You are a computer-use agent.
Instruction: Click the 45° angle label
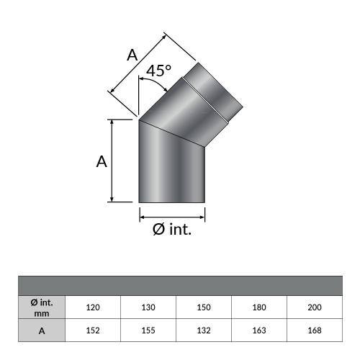click(x=158, y=71)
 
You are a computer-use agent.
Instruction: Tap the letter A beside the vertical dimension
click(x=102, y=162)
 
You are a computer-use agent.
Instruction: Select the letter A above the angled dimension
click(x=132, y=53)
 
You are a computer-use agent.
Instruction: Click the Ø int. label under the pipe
click(x=172, y=230)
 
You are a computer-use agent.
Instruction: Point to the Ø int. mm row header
click(x=40, y=307)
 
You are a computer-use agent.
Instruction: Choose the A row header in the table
click(x=40, y=330)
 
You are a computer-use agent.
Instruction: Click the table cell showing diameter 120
click(x=92, y=307)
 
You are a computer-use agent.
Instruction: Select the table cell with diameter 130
click(x=148, y=307)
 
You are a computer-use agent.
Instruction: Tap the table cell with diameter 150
click(x=204, y=307)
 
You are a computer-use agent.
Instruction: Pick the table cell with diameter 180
click(x=259, y=307)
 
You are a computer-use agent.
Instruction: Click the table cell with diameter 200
click(x=315, y=307)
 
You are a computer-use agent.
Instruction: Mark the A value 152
click(x=92, y=330)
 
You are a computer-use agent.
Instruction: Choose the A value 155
click(x=148, y=330)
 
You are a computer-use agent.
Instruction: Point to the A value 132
click(x=204, y=330)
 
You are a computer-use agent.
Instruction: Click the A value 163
click(x=259, y=330)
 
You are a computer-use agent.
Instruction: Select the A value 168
click(x=315, y=330)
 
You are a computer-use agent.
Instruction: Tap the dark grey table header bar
click(x=180, y=285)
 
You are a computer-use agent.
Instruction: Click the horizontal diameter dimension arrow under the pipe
click(x=172, y=215)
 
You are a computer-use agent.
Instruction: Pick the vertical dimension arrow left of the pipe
click(x=112, y=160)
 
